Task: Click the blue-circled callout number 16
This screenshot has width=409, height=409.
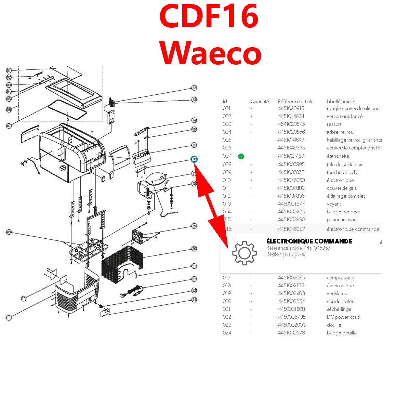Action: point(194,159)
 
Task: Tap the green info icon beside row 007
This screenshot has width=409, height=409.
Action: point(241,156)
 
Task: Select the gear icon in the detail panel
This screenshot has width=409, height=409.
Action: point(244,253)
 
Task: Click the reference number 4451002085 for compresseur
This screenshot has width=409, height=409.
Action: point(291,278)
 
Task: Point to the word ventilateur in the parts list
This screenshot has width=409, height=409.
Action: point(338,293)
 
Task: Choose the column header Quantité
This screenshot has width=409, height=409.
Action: point(260,102)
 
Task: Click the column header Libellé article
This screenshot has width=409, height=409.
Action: point(340,102)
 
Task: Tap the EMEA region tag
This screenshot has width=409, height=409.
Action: point(288,255)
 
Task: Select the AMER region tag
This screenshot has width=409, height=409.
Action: point(300,255)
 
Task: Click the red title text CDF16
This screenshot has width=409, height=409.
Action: point(209,16)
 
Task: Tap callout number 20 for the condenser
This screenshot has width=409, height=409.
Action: point(194,249)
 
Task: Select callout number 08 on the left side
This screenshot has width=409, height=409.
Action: point(9,232)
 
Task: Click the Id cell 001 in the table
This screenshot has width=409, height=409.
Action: point(227,108)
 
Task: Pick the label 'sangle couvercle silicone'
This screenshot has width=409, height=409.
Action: point(353,108)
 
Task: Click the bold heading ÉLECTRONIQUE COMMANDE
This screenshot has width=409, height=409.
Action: point(309,241)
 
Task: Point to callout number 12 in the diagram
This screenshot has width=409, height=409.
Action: point(194,88)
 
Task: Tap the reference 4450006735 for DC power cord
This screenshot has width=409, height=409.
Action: point(292,317)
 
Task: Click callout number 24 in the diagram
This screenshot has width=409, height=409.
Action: point(194,300)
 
